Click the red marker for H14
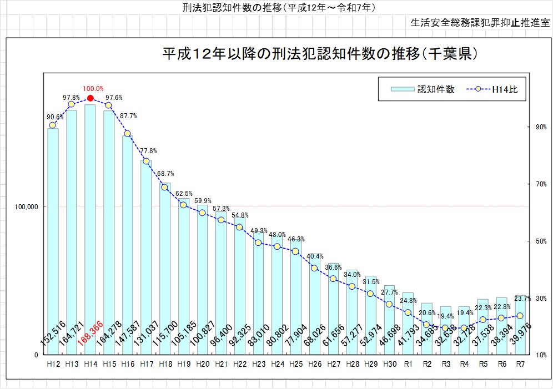coord(91,98)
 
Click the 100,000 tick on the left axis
coord(25,206)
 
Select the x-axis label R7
coord(520,365)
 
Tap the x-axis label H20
coord(203,365)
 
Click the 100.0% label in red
coord(93,88)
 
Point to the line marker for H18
coord(164,187)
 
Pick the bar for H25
coord(295,294)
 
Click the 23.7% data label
coord(523,299)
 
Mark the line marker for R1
coord(408,312)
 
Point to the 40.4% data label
coord(314,256)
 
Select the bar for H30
coord(389,319)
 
